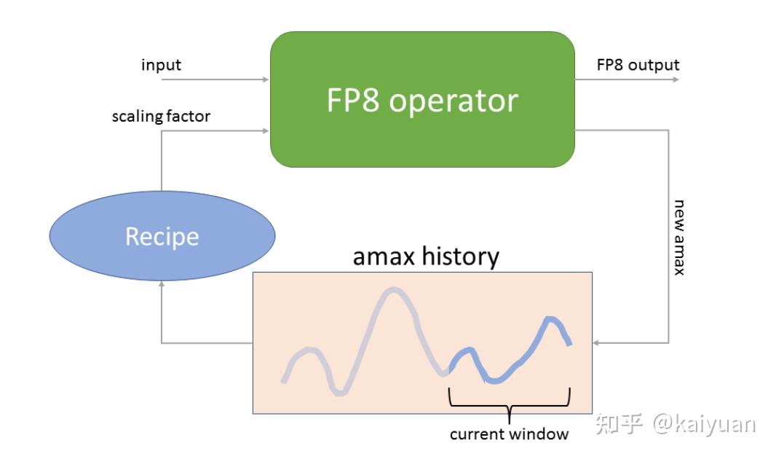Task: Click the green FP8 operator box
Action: pyautogui.click(x=422, y=100)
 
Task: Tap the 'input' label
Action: pyautogui.click(x=161, y=65)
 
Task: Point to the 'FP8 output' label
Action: pyautogui.click(x=638, y=65)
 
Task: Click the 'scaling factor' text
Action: pyautogui.click(x=161, y=117)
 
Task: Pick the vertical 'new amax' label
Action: pyautogui.click(x=678, y=237)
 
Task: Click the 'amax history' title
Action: pyautogui.click(x=426, y=256)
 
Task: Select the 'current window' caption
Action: pyautogui.click(x=509, y=435)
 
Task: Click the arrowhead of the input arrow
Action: pyautogui.click(x=266, y=79)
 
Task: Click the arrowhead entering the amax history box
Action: pyautogui.click(x=597, y=342)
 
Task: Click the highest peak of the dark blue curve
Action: pyautogui.click(x=551, y=318)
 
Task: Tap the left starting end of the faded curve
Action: pyautogui.click(x=284, y=380)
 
